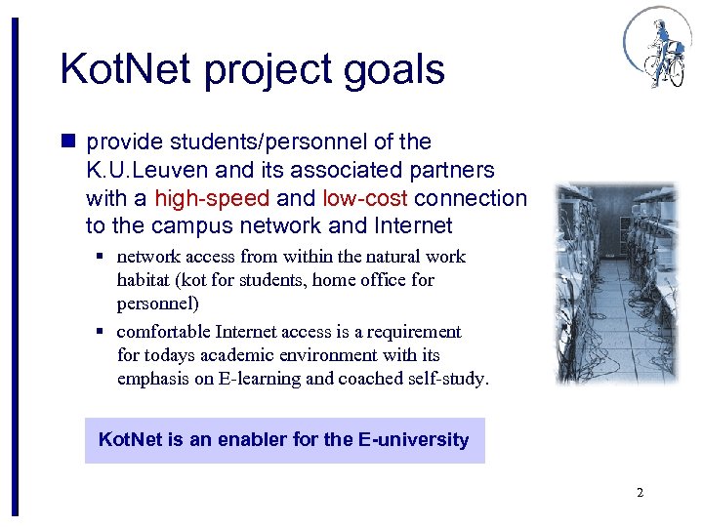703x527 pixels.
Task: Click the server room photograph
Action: point(615,283)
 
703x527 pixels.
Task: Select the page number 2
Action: point(640,493)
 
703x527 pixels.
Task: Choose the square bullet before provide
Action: point(69,142)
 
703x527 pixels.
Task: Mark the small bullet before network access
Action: point(101,258)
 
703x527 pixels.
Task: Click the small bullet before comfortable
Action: point(101,333)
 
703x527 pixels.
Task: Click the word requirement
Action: point(414,332)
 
